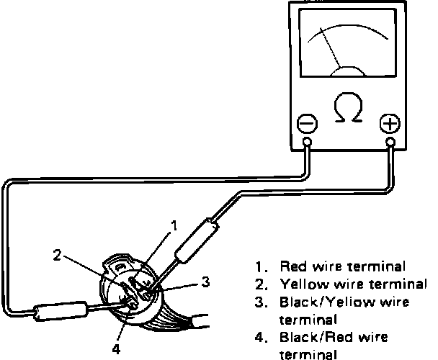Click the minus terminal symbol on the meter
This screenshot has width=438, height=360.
click(x=307, y=124)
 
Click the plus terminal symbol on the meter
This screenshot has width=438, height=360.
click(x=390, y=124)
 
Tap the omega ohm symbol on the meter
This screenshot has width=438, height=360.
click(x=349, y=106)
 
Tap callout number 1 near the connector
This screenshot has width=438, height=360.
click(x=174, y=225)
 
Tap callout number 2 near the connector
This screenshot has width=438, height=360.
click(x=58, y=254)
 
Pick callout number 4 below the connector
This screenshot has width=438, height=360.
click(x=115, y=350)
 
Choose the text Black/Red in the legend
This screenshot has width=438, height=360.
click(x=311, y=336)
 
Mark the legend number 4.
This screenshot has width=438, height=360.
click(x=258, y=336)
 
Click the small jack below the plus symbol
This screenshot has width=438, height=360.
click(x=390, y=143)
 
